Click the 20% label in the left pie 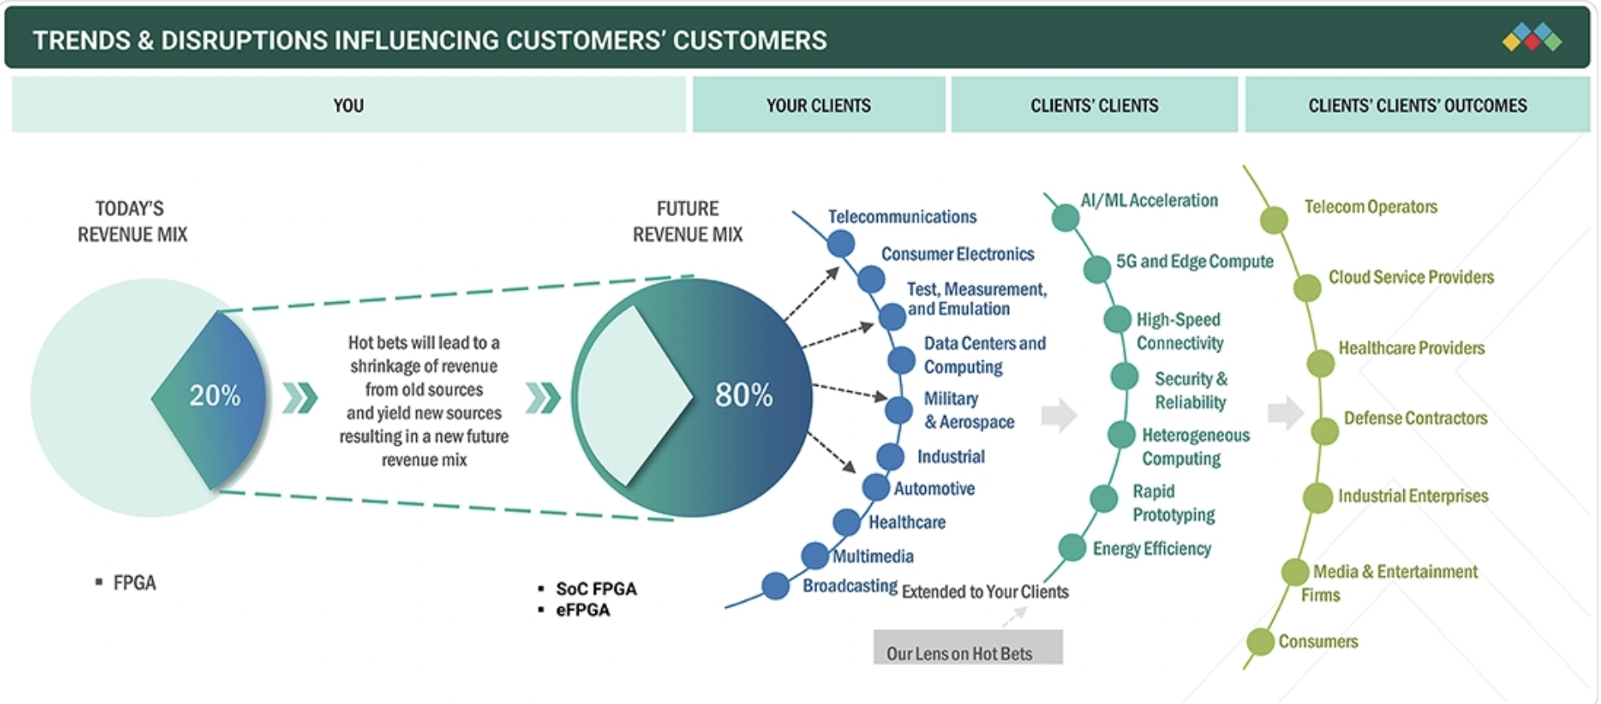[x=214, y=395]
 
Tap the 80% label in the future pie [x=743, y=395]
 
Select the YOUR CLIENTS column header [x=818, y=105]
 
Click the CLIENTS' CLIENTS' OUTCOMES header [x=1417, y=105]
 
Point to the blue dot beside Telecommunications [x=840, y=243]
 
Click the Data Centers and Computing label [x=984, y=354]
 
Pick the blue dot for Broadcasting [x=775, y=585]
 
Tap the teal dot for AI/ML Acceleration [x=1065, y=218]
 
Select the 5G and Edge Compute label [x=1193, y=262]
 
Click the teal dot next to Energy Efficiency [x=1072, y=548]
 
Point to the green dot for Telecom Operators [x=1274, y=220]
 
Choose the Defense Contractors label [x=1415, y=418]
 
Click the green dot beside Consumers [x=1261, y=642]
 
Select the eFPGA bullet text [x=583, y=610]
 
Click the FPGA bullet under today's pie [x=134, y=583]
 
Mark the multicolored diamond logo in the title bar [x=1532, y=37]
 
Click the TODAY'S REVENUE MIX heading [x=131, y=222]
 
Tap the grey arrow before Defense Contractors [x=1285, y=413]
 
